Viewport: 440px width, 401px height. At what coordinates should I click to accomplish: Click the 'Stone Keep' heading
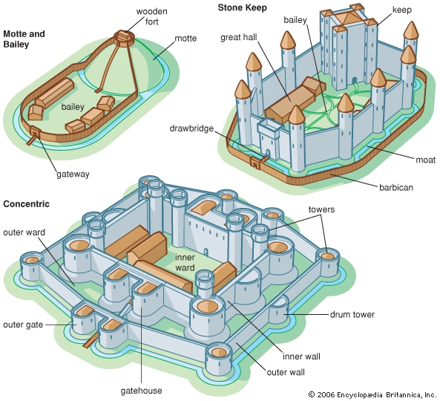[242, 7]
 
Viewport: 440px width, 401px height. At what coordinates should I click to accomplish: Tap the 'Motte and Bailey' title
[24, 39]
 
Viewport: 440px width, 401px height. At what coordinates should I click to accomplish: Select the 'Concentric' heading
[26, 203]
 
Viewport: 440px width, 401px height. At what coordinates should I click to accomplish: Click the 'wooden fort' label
[151, 16]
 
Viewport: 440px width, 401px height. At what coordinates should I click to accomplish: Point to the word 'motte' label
[185, 38]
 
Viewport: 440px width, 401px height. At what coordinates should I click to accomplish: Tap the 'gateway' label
[73, 175]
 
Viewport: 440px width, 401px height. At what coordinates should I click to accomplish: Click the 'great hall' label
[238, 37]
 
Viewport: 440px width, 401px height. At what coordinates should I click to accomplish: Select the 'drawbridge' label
[191, 128]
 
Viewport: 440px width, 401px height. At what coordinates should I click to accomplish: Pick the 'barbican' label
[396, 187]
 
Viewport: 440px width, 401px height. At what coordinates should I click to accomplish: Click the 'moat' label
[425, 160]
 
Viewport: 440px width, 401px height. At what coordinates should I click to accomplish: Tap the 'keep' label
[402, 10]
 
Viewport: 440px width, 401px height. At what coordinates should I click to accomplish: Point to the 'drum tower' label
[352, 314]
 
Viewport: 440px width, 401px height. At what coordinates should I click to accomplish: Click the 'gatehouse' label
[141, 391]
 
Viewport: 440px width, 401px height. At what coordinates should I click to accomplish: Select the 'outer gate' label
[23, 325]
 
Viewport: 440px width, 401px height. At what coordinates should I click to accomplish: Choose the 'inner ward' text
[185, 263]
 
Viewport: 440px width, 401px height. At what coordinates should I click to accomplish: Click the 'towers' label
[321, 209]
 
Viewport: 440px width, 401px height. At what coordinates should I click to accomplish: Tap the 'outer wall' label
[286, 372]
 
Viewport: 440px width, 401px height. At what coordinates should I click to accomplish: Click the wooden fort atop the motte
[124, 37]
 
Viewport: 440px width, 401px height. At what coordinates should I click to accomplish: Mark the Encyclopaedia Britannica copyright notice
[373, 394]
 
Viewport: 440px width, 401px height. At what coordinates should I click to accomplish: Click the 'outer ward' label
[24, 232]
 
